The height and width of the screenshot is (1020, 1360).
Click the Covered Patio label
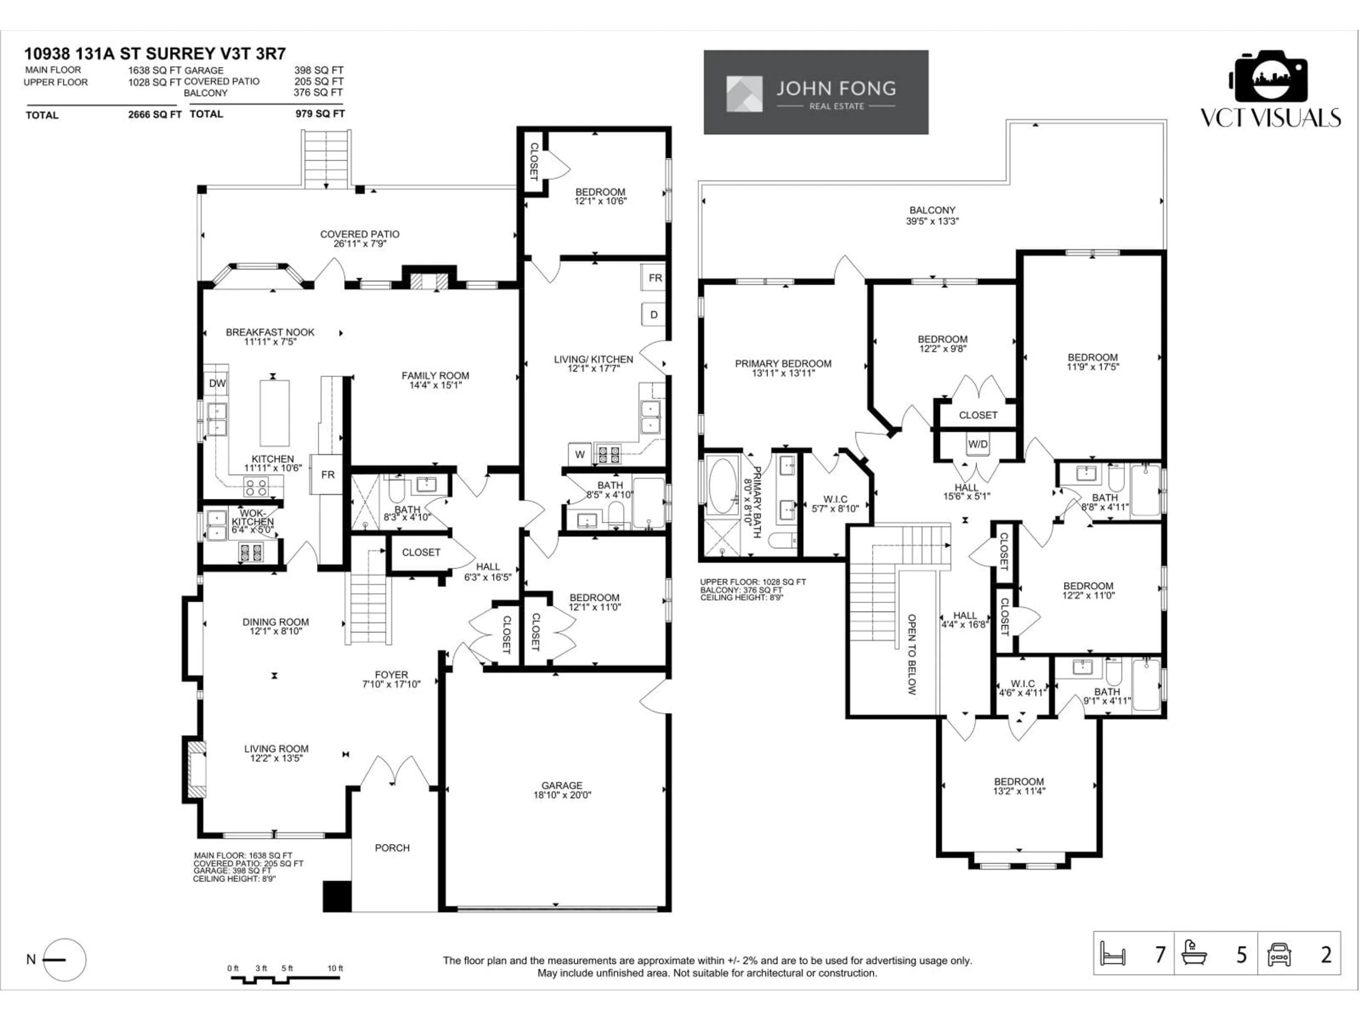360,239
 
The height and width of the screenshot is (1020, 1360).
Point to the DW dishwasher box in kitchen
217,383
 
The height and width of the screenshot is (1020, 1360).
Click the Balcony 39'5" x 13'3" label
932,215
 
